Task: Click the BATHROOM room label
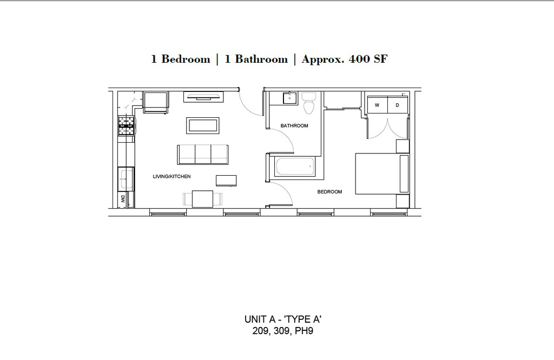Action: (x=294, y=126)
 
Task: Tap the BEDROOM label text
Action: (x=329, y=192)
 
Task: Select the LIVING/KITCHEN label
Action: (x=172, y=177)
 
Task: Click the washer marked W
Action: (x=377, y=105)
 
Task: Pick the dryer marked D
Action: (x=397, y=105)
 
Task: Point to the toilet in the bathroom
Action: (x=309, y=103)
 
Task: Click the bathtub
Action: (x=295, y=166)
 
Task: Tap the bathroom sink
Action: (x=289, y=98)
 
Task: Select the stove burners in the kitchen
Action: (x=127, y=126)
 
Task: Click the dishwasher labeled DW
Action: (x=123, y=199)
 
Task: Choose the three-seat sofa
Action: (x=202, y=154)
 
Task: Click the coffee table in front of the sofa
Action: (x=203, y=125)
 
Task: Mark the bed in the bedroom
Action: (x=381, y=174)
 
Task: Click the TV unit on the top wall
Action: (x=203, y=97)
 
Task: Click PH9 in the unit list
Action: (x=304, y=331)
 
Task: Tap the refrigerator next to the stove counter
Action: (x=156, y=102)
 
